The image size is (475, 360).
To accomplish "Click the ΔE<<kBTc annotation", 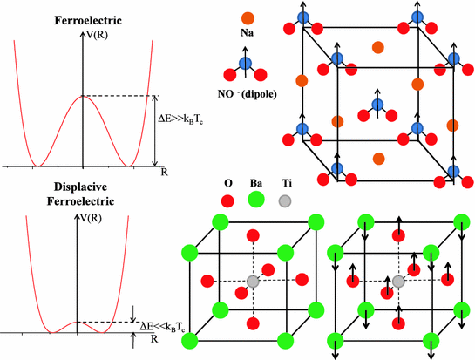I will tap(173, 325).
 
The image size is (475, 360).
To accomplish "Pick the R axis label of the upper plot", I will tap(163, 172).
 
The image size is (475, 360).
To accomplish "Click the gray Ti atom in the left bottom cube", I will tap(253, 282).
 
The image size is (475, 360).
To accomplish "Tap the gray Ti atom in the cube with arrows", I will tap(399, 282).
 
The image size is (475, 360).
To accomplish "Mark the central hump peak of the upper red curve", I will tap(82, 96).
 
